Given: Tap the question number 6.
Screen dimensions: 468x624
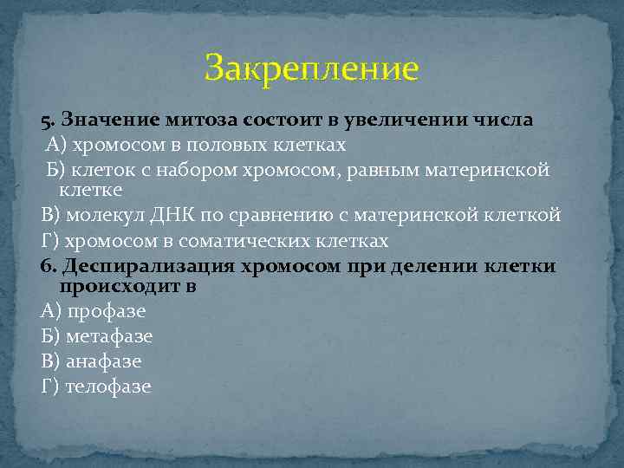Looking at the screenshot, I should pos(46,264).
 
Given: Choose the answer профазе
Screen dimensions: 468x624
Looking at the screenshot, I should pos(107,311).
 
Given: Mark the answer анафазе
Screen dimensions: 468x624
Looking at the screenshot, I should pos(104,361).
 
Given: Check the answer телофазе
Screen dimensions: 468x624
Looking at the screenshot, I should pos(109,387).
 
